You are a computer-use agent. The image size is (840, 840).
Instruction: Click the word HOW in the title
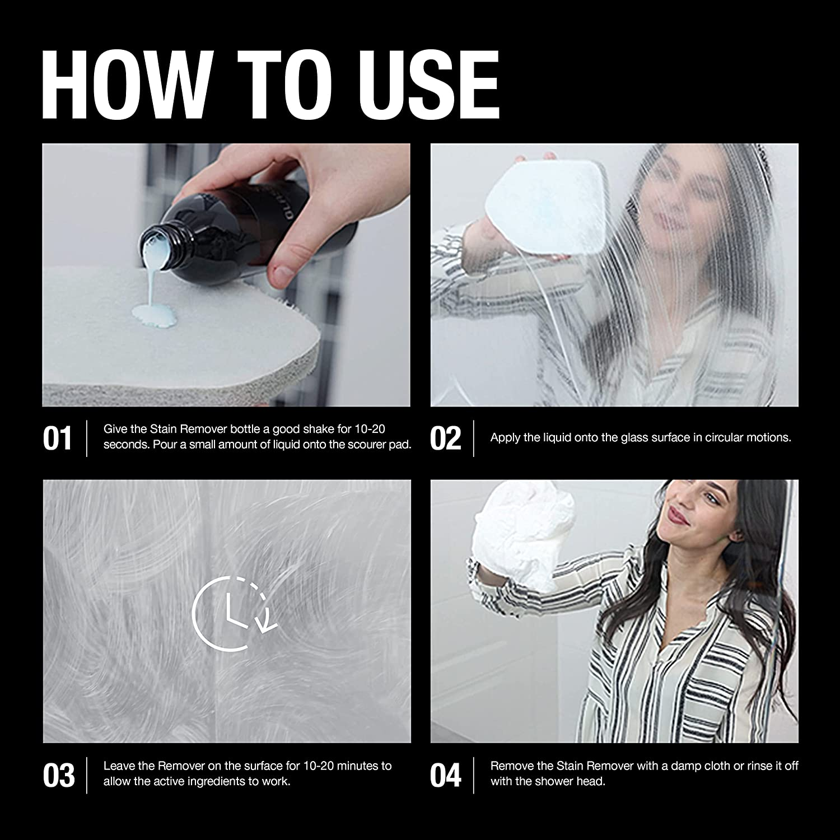pos(126,84)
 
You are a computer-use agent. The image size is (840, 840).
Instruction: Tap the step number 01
pos(57,438)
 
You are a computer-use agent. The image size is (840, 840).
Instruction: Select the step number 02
pos(446,438)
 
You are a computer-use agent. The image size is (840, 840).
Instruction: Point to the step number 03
pos(58,775)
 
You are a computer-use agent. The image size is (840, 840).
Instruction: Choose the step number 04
pos(446,775)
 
